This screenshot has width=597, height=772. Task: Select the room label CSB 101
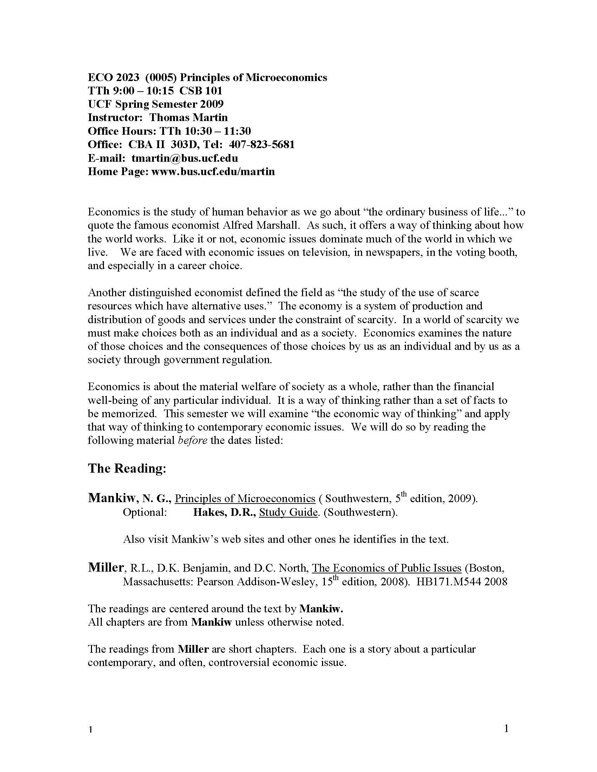pos(201,91)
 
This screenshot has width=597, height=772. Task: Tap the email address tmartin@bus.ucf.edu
pos(185,158)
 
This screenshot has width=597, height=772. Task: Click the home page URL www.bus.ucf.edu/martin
pos(213,172)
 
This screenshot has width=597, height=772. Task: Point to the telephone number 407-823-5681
pos(262,145)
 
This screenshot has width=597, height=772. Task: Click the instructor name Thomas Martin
pos(189,118)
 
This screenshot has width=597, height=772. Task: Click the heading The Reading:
pos(127,468)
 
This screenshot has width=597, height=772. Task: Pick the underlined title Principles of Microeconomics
pos(245,499)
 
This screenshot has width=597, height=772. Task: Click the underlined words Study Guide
pos(288,512)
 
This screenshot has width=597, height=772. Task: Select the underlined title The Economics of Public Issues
pos(387,568)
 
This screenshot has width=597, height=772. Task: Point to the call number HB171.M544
pos(449,582)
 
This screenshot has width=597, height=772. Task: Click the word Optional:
pos(145,512)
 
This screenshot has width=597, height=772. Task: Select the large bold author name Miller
pos(105,568)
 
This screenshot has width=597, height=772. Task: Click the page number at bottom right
pos(506,728)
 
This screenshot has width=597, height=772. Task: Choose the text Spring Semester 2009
pos(169,104)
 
